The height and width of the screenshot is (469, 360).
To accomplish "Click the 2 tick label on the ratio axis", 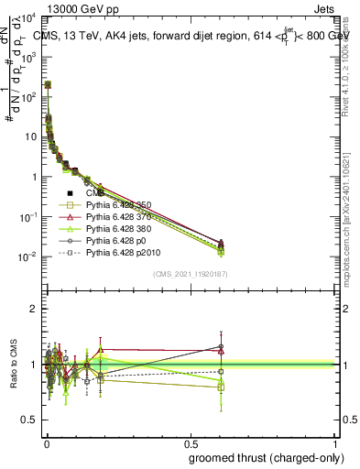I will (x=33, y=309).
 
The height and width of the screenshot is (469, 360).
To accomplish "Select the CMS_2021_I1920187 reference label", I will (x=190, y=274).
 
